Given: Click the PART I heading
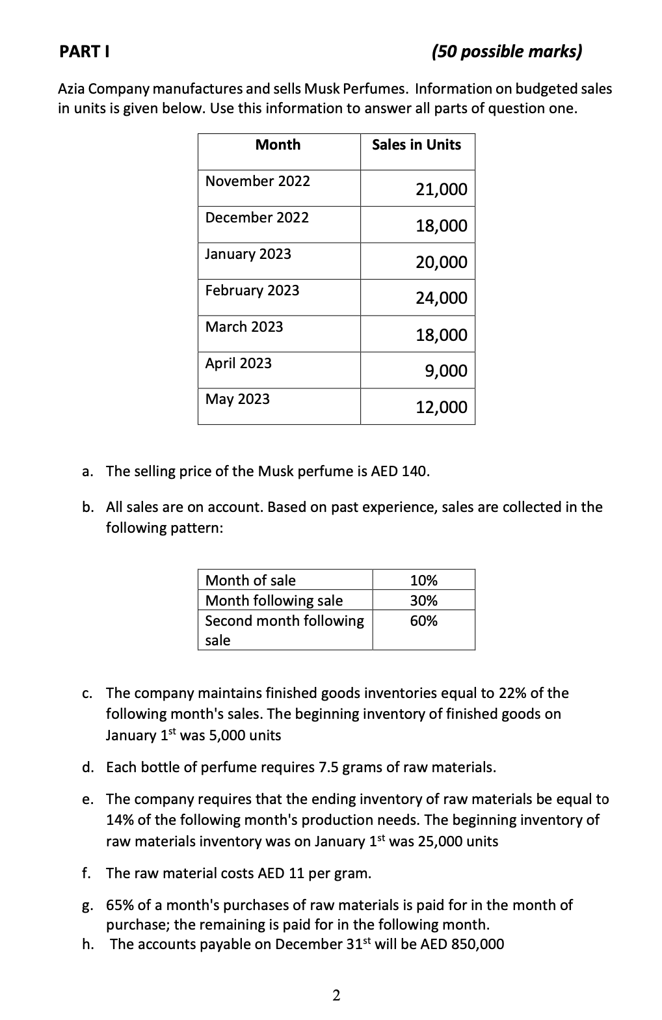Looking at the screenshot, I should pyautogui.click(x=83, y=51).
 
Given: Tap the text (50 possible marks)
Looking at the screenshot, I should pyautogui.click(x=507, y=51).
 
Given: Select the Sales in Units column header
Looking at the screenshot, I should pyautogui.click(x=416, y=144).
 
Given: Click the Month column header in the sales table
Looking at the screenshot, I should pyautogui.click(x=278, y=144).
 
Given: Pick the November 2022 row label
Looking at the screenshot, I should pyautogui.click(x=258, y=181).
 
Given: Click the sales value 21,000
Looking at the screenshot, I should pyautogui.click(x=441, y=189).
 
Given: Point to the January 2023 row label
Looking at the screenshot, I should pyautogui.click(x=248, y=254).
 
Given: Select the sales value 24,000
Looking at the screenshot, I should pyautogui.click(x=441, y=298).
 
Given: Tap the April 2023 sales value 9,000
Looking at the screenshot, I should pyautogui.click(x=445, y=371).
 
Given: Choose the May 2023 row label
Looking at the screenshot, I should pyautogui.click(x=237, y=399).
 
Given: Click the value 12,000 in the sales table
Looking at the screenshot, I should pyautogui.click(x=441, y=407).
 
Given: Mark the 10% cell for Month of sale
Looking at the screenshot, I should pyautogui.click(x=423, y=580).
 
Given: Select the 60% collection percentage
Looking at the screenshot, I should pyautogui.click(x=423, y=621).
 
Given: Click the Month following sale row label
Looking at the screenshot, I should pyautogui.click(x=274, y=600).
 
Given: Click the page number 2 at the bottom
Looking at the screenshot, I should pyautogui.click(x=336, y=995).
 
